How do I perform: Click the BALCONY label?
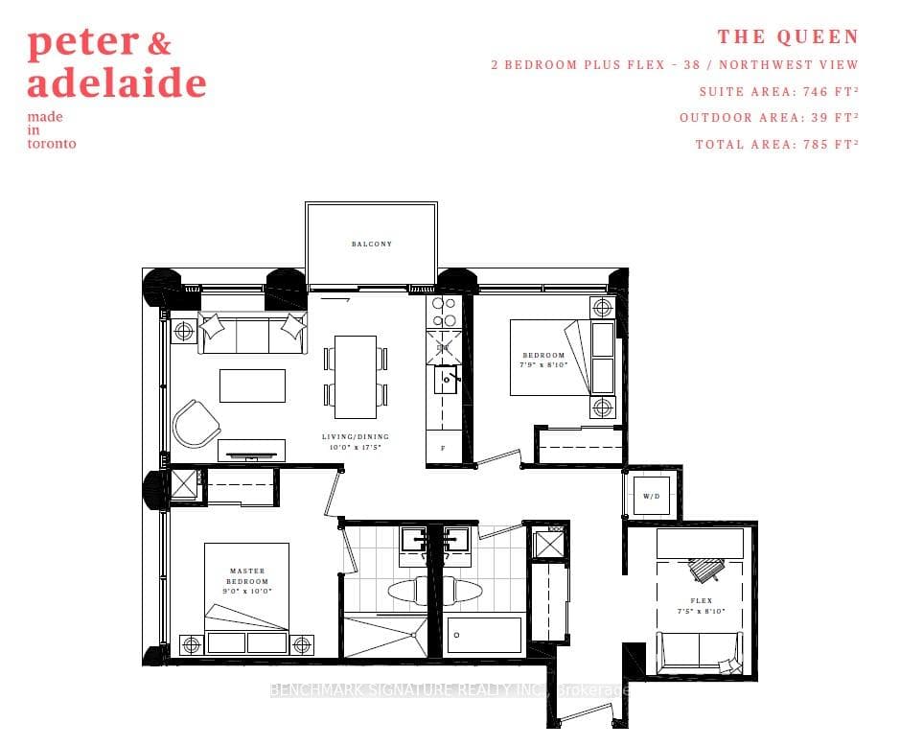click(371, 245)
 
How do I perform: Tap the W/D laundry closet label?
click(652, 497)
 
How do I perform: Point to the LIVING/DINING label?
click(356, 442)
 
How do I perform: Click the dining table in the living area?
click(356, 376)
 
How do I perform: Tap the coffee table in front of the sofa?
click(252, 385)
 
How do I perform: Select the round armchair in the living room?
click(195, 422)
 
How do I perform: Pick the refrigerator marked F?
click(443, 448)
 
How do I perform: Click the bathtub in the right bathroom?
click(484, 635)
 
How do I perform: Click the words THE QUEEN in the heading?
click(788, 37)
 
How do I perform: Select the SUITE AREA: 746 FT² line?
click(778, 91)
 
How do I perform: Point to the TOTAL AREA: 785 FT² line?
click(776, 144)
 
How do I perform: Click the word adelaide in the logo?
click(116, 83)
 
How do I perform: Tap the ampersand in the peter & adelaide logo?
click(160, 42)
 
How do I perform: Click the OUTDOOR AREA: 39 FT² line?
click(769, 118)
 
